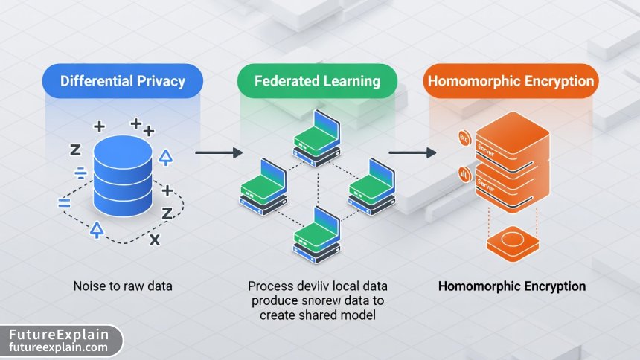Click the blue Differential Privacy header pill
(x=122, y=81)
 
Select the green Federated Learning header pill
(x=316, y=81)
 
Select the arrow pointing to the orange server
(x=412, y=152)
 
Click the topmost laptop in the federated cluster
(x=317, y=141)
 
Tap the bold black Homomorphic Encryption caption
(x=511, y=286)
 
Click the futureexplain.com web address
(x=58, y=347)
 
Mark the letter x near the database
(x=154, y=240)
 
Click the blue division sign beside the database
(x=80, y=174)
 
